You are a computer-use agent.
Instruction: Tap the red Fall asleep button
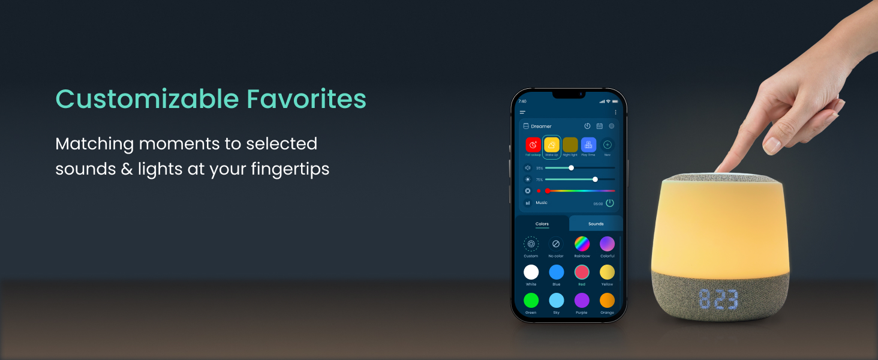point(533,145)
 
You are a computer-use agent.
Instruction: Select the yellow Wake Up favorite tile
point(551,145)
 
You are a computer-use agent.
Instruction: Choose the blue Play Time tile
point(588,145)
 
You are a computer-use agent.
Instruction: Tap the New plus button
point(607,145)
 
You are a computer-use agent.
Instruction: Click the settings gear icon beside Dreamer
point(611,126)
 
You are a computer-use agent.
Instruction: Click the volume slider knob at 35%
point(571,168)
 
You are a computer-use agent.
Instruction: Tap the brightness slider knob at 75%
point(595,179)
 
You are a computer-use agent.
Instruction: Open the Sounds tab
point(596,224)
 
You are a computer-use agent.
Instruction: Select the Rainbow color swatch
point(582,244)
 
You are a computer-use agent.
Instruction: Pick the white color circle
point(531,272)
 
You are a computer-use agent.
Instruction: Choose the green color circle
point(531,300)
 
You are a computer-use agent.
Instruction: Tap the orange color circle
point(607,300)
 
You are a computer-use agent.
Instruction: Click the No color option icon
point(556,244)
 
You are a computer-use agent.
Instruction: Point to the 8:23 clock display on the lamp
point(717,298)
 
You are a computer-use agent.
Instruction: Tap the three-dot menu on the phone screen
point(615,112)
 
